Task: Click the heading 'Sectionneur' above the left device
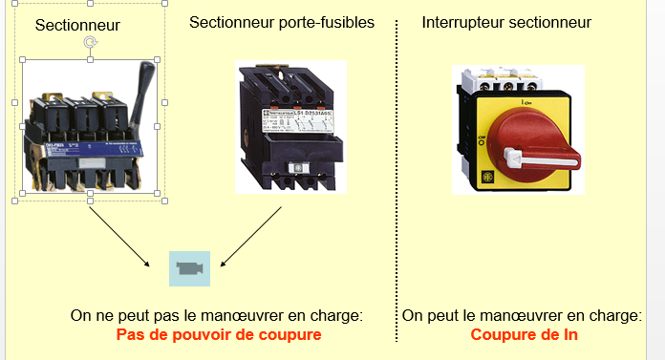(77, 24)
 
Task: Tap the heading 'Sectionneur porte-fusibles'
(281, 22)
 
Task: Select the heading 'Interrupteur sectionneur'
(506, 22)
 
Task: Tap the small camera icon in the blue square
(189, 268)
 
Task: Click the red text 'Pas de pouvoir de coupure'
(218, 334)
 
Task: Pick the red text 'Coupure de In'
(524, 334)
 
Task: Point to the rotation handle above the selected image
(90, 41)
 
